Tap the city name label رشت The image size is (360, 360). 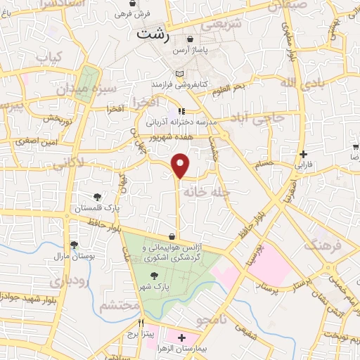[155, 33]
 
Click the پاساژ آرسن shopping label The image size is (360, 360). [193, 51]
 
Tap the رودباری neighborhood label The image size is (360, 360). [67, 279]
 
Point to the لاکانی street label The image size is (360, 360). [69, 162]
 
